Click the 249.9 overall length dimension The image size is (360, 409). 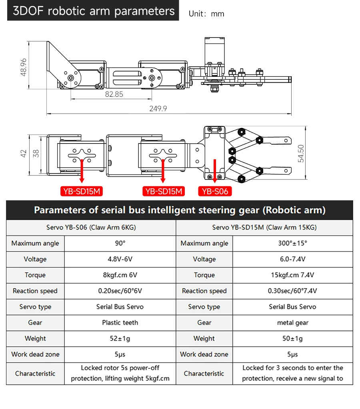(x=158, y=108)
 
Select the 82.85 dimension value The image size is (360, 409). (x=114, y=94)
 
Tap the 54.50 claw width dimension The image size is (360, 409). (x=301, y=153)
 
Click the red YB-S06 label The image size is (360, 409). (x=215, y=192)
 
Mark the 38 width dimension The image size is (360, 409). (x=36, y=153)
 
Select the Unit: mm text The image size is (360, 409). (x=206, y=14)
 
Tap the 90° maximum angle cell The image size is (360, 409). (x=120, y=243)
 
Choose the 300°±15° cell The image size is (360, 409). (x=292, y=243)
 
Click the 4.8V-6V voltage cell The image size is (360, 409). (x=120, y=259)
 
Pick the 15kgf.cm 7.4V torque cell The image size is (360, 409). (x=292, y=275)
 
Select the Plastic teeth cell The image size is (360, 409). (x=120, y=323)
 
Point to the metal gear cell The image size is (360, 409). (x=292, y=323)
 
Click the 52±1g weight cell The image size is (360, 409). (x=120, y=339)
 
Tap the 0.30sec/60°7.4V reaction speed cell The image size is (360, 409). (x=292, y=291)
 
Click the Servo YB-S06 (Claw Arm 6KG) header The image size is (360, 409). (x=91, y=227)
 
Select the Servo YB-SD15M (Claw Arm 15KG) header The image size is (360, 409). (x=264, y=227)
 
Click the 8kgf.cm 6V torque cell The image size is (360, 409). (x=120, y=275)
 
